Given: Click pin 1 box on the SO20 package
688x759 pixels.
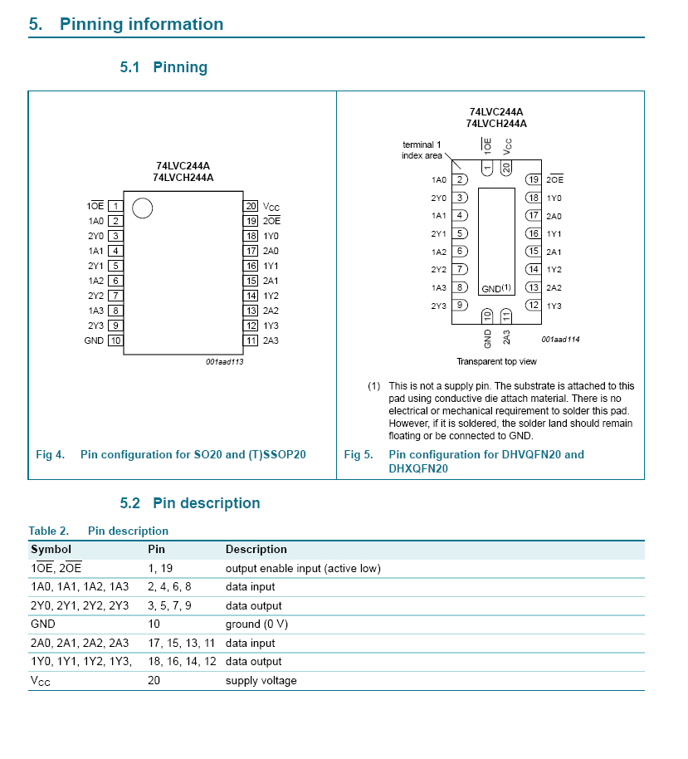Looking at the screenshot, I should pyautogui.click(x=115, y=206).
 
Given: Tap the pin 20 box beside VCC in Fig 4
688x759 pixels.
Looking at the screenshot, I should pyautogui.click(x=250, y=206).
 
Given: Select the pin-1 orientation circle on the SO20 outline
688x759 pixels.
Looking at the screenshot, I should pyautogui.click(x=142, y=208).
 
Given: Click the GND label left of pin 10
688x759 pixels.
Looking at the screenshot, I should pyautogui.click(x=94, y=340).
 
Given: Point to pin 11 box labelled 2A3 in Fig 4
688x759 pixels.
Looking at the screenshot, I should pyautogui.click(x=250, y=340).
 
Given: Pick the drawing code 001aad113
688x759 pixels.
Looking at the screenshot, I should pyautogui.click(x=224, y=361).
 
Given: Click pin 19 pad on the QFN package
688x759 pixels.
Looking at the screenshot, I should pyautogui.click(x=534, y=179).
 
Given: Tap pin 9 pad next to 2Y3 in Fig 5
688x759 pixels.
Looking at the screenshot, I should pyautogui.click(x=459, y=306).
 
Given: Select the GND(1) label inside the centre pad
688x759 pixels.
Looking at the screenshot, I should pyautogui.click(x=496, y=288).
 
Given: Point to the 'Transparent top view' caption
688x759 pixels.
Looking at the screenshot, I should pyautogui.click(x=496, y=361).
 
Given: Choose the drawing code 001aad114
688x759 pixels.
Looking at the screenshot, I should pyautogui.click(x=560, y=339).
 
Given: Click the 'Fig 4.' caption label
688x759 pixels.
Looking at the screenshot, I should pyautogui.click(x=50, y=454).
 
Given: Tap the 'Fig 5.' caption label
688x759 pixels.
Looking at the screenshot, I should pyautogui.click(x=359, y=454).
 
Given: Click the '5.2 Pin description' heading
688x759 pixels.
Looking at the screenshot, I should pyautogui.click(x=190, y=503).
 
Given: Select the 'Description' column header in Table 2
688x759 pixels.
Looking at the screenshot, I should pyautogui.click(x=256, y=550).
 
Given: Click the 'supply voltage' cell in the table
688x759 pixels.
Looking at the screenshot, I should pyautogui.click(x=261, y=681).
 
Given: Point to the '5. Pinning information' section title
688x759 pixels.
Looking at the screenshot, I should pyautogui.click(x=126, y=24).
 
